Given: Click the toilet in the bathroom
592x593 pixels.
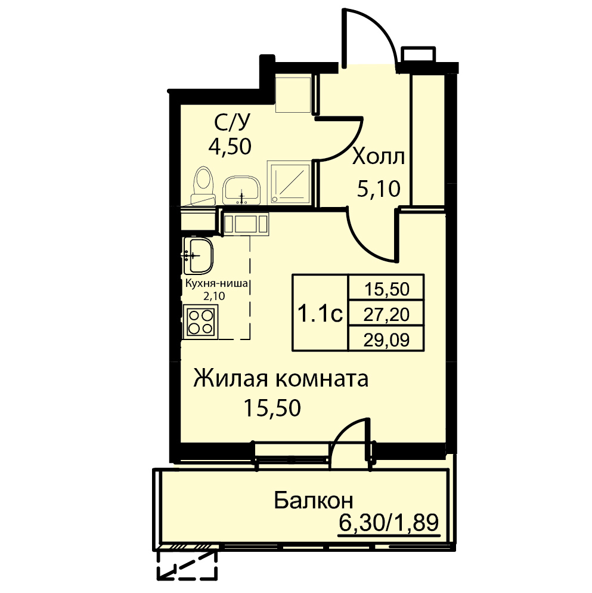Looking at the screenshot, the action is pyautogui.click(x=204, y=186).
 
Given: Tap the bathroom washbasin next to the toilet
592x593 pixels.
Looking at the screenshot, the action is pyautogui.click(x=242, y=190).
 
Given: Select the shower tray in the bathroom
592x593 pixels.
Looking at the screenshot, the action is pyautogui.click(x=290, y=183).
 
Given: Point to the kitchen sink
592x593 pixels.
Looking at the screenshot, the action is pyautogui.click(x=199, y=256).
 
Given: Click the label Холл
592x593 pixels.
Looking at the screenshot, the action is pyautogui.click(x=379, y=156).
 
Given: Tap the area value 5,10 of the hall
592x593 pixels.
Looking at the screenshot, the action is pyautogui.click(x=379, y=189).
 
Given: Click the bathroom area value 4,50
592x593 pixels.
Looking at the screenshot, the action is pyautogui.click(x=230, y=147).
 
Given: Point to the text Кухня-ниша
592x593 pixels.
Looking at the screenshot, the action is pyautogui.click(x=216, y=283).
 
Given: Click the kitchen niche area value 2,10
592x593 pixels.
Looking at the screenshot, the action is pyautogui.click(x=214, y=296).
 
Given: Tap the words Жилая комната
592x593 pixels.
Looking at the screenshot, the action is pyautogui.click(x=281, y=379).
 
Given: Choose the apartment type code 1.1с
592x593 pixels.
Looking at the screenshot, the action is pyautogui.click(x=320, y=314).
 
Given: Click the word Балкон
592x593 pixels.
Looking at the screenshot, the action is pyautogui.click(x=314, y=501).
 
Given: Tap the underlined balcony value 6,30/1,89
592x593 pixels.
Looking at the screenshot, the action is pyautogui.click(x=389, y=523).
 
